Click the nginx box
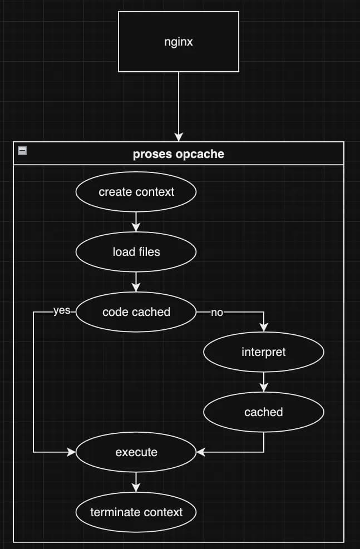click(x=179, y=42)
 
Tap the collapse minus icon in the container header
click(x=22, y=150)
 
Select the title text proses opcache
click(x=179, y=154)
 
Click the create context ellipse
click(x=136, y=192)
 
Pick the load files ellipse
click(x=136, y=252)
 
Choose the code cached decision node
click(x=136, y=312)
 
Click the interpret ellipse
click(x=264, y=352)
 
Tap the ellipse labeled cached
click(x=264, y=412)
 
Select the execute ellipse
click(x=136, y=452)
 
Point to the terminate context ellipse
click(x=136, y=512)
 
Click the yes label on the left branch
click(x=61, y=311)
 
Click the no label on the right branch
click(x=217, y=313)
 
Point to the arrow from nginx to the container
click(x=179, y=106)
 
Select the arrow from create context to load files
click(x=136, y=221)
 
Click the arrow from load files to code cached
click(x=136, y=281)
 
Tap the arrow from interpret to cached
click(x=264, y=382)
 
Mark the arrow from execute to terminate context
click(x=136, y=482)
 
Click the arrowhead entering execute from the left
click(x=71, y=452)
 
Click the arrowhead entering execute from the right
click(x=201, y=452)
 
